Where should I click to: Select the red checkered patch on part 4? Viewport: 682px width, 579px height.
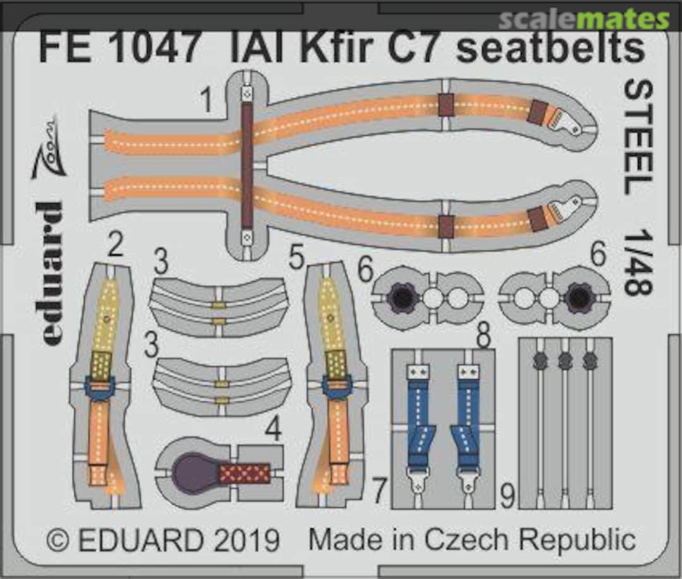244,473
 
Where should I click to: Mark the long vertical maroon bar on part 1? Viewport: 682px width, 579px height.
247,165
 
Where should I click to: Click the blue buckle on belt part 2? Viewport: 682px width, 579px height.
100,388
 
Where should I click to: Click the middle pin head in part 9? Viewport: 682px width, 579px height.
565,361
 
